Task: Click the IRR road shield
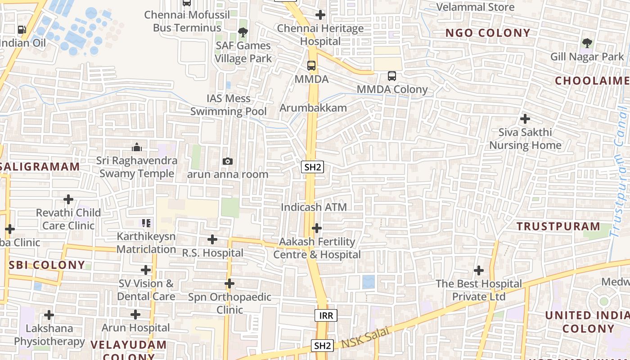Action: click(x=326, y=315)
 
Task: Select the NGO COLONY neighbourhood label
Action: click(x=488, y=33)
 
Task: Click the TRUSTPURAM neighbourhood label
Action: click(x=558, y=226)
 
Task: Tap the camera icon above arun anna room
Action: click(x=228, y=161)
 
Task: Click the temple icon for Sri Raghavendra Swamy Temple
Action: click(x=137, y=147)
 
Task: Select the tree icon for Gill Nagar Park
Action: click(x=587, y=43)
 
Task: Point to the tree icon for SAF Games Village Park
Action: click(x=243, y=32)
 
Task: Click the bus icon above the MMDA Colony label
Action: click(x=392, y=76)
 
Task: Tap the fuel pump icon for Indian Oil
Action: click(x=22, y=30)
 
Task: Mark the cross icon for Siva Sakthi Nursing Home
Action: click(x=525, y=119)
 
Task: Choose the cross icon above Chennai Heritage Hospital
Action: click(x=320, y=15)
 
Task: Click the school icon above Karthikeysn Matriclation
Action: click(x=146, y=223)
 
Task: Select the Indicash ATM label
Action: click(x=314, y=207)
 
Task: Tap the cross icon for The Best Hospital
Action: click(x=479, y=270)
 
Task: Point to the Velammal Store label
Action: click(x=476, y=7)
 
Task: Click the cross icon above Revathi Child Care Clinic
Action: click(x=68, y=199)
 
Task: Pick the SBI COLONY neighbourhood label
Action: click(x=47, y=265)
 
